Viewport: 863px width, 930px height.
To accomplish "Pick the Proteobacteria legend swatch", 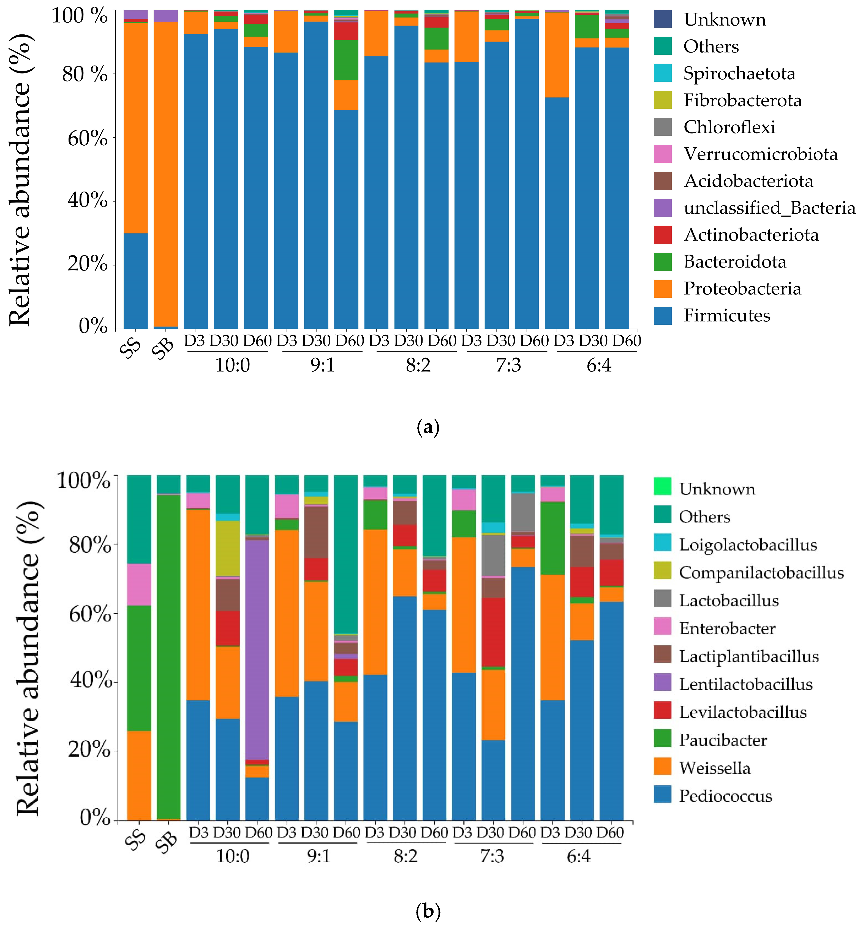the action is (663, 288).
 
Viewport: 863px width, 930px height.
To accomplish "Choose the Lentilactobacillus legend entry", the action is (733, 684).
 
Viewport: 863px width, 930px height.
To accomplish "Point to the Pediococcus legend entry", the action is (713, 795).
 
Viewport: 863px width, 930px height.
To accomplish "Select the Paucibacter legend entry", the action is (710, 740).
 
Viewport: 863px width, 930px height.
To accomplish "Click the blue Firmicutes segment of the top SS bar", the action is (135, 281).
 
